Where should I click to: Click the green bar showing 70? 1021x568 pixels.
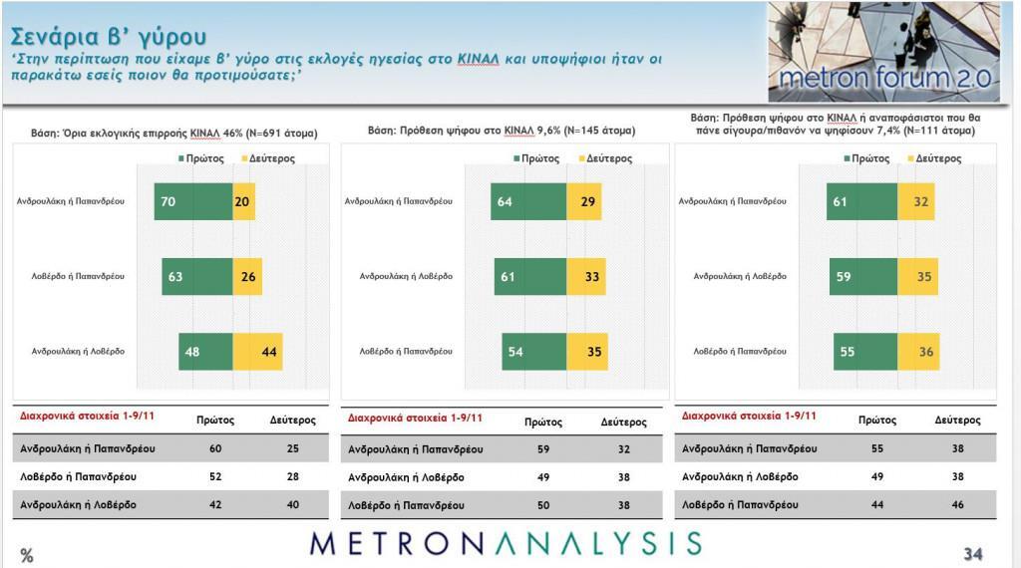pos(192,201)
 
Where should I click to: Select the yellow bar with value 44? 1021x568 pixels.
pos(257,351)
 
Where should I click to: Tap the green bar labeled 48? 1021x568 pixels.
pos(205,351)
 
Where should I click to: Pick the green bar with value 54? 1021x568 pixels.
pos(533,351)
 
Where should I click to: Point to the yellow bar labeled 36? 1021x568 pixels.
pos(918,351)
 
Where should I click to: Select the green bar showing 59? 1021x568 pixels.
pos(863,276)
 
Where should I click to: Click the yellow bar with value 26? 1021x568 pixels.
pos(246,276)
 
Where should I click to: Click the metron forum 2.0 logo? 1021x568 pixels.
pos(883,52)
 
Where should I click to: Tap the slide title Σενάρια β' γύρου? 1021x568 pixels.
pos(109,37)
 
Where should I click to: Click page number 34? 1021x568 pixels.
pos(972,553)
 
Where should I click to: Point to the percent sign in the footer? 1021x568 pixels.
pos(27,555)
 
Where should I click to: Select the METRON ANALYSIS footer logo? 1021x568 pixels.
pos(506,543)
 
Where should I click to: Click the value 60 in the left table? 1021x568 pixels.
pos(215,448)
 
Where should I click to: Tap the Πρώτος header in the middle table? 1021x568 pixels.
pos(542,422)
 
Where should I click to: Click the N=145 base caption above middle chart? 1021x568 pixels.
pos(502,131)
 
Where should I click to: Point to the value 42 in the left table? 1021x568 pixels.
pos(215,504)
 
